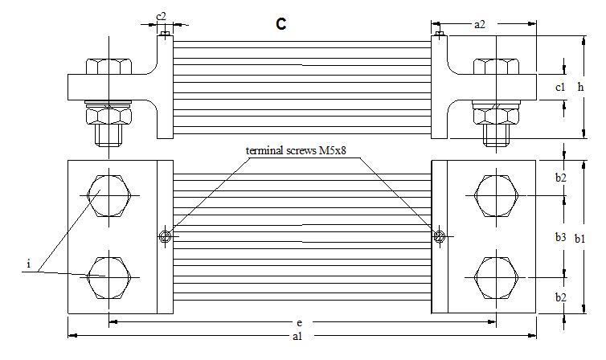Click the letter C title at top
coord(280,24)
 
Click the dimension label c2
coord(161,16)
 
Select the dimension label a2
coord(479,25)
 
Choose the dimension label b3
coord(561,237)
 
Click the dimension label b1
coord(592,238)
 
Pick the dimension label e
coord(299,322)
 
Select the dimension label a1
coord(297,337)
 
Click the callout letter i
coord(29,264)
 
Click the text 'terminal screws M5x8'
coord(302,151)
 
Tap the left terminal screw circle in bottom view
coord(165,236)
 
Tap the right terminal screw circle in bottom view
coord(439,236)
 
